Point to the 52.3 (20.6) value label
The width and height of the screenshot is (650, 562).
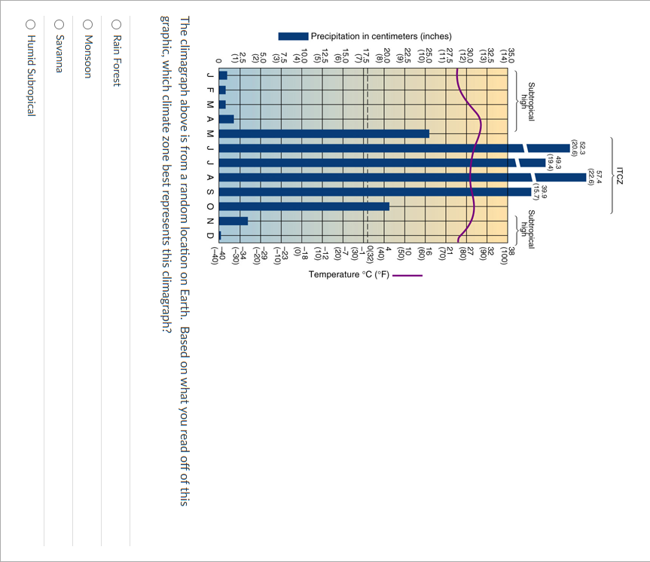(x=578, y=148)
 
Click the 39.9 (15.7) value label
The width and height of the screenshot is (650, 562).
(x=540, y=192)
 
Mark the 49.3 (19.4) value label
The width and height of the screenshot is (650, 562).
(x=554, y=162)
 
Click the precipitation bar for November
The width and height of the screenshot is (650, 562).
(x=233, y=221)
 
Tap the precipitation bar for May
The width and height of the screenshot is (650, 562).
(x=324, y=133)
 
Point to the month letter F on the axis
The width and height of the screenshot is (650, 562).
(x=210, y=90)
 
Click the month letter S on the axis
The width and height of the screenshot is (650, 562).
(x=210, y=192)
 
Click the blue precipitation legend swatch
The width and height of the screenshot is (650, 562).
(x=293, y=36)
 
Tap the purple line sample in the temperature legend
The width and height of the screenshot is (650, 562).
(x=407, y=275)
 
